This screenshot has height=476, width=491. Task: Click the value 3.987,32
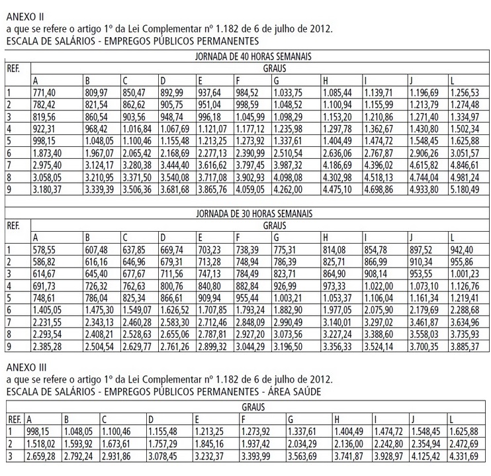click(x=290, y=164)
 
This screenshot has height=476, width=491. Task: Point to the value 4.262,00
click(x=290, y=189)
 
